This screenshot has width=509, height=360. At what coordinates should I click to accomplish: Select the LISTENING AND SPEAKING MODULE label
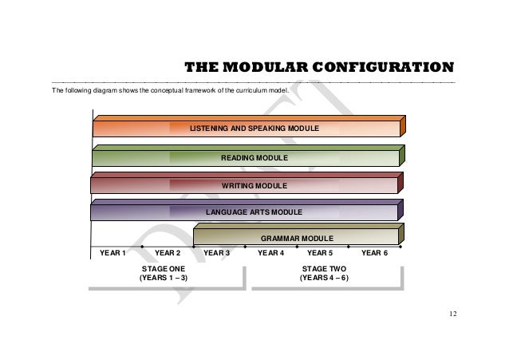(254, 128)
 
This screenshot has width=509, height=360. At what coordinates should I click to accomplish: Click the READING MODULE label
(254, 158)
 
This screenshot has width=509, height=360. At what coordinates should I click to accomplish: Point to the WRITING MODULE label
(254, 185)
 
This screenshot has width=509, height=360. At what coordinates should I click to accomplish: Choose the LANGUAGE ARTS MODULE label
(254, 212)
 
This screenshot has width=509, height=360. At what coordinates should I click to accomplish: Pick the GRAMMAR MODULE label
(297, 238)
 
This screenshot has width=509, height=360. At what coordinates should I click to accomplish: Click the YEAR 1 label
(112, 253)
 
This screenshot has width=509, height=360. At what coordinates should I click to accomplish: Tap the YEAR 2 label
(168, 253)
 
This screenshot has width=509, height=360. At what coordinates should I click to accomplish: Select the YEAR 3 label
(217, 253)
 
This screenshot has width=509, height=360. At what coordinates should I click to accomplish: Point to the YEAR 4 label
(271, 253)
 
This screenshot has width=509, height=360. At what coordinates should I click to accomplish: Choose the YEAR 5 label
(320, 253)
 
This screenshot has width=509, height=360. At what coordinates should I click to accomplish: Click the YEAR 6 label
(374, 253)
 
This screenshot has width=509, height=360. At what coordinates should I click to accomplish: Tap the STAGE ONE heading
(164, 269)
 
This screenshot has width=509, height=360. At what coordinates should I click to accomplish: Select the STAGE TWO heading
(323, 269)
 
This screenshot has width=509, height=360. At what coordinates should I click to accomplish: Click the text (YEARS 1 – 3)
(164, 279)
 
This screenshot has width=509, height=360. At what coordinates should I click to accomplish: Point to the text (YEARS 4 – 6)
(323, 279)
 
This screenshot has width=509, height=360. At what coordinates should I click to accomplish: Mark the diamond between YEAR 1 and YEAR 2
(142, 247)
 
